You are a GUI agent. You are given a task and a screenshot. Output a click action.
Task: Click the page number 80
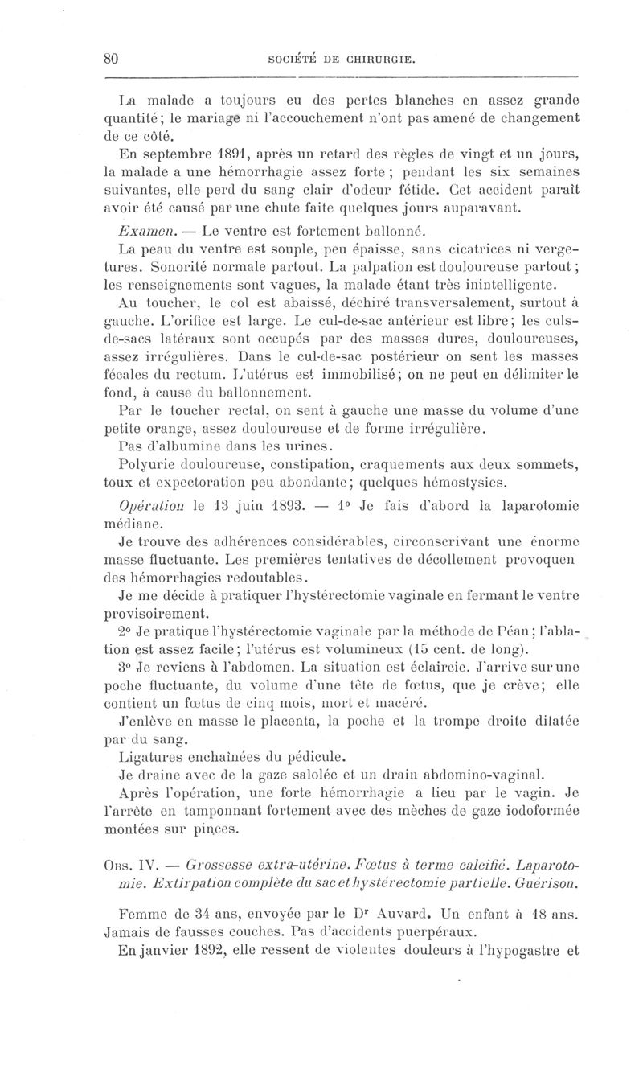112,58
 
